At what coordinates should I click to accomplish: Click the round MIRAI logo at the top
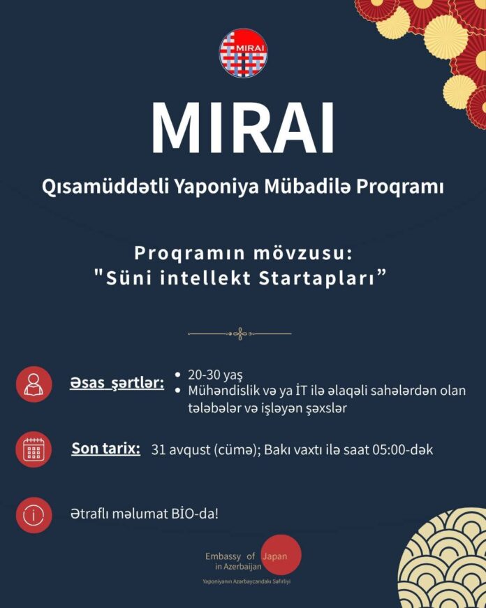tap(244, 53)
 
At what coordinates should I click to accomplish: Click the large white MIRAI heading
tap(242, 128)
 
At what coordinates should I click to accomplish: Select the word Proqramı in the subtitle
tap(400, 188)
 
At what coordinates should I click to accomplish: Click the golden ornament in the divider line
tap(240, 333)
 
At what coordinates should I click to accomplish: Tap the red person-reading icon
tap(34, 384)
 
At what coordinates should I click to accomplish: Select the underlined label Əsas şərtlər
tap(117, 383)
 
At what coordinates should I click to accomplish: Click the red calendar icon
tap(34, 449)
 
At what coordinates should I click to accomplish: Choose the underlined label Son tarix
tap(106, 449)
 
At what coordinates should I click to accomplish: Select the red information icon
tap(34, 515)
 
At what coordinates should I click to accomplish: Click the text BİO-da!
tap(194, 514)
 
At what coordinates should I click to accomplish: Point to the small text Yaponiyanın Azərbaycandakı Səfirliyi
tap(246, 581)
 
